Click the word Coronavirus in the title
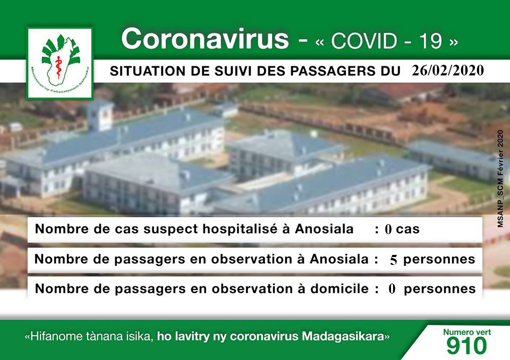(205, 38)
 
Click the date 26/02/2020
(448, 70)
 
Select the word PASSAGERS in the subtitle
(328, 71)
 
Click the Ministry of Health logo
(60, 63)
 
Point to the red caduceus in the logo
(58, 67)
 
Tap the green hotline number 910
(467, 345)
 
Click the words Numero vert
(467, 332)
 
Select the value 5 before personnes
(394, 260)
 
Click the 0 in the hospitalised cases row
(388, 229)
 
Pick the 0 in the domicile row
(392, 289)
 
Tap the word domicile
(339, 288)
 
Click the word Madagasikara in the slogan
(343, 336)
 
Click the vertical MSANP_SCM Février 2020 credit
(500, 178)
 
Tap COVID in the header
(364, 41)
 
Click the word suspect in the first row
(171, 229)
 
